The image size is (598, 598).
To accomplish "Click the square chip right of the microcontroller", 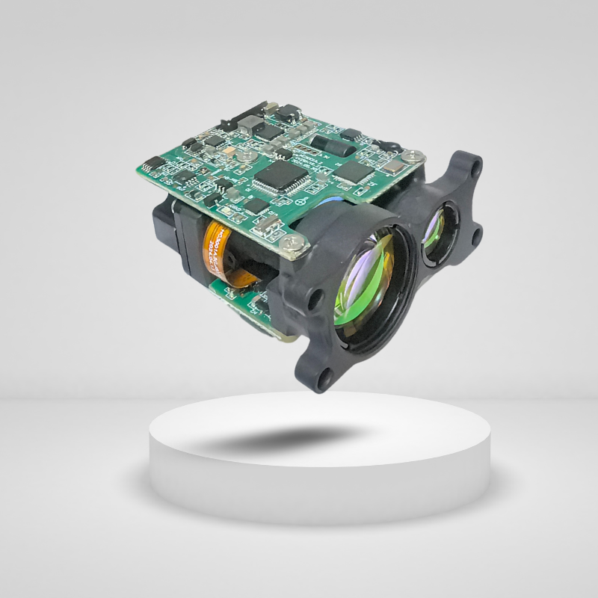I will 351,171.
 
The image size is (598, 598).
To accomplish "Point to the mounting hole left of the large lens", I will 316,299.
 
